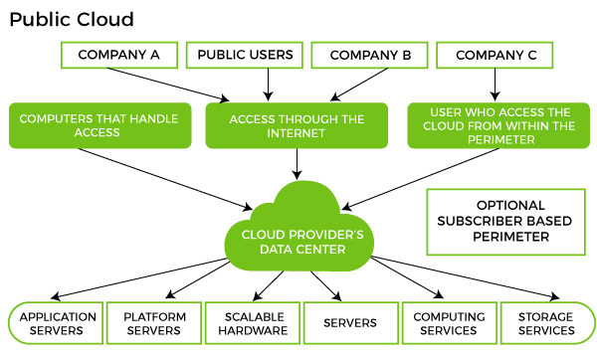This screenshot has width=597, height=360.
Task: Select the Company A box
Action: coord(118,55)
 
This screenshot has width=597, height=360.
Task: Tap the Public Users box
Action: coord(244,55)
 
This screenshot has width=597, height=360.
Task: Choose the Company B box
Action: coord(369,55)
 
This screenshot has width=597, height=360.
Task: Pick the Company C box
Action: coord(496,55)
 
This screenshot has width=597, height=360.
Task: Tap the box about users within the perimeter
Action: coord(495,125)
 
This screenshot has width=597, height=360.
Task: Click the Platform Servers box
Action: coord(153,323)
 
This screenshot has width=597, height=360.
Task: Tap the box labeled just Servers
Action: coord(349,323)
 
